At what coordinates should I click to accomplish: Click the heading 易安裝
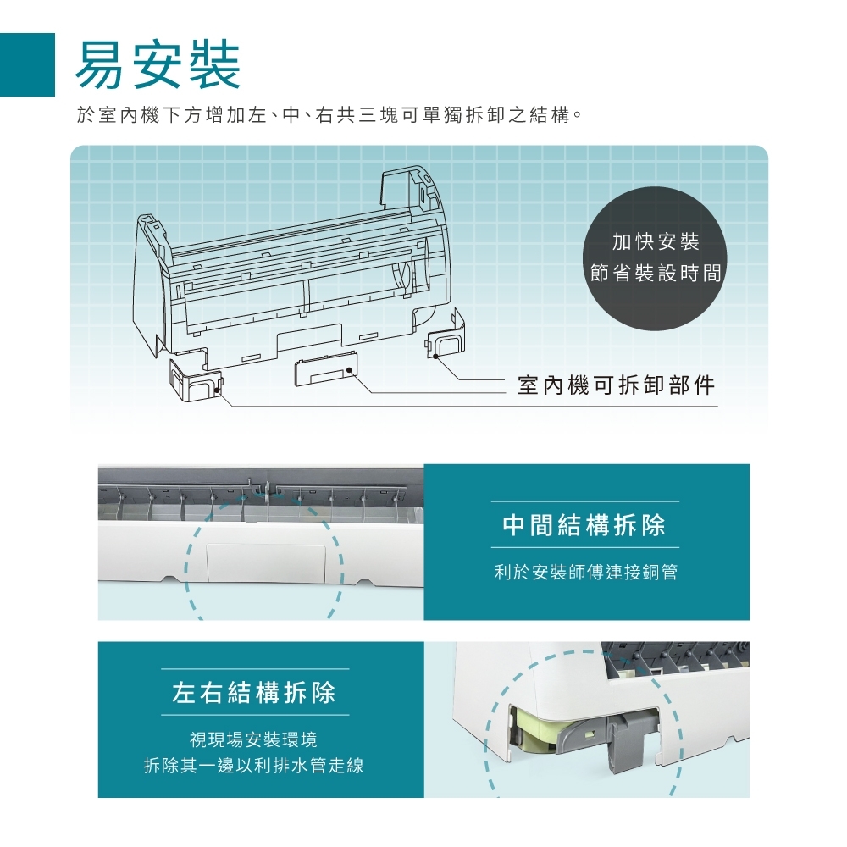[x=158, y=65]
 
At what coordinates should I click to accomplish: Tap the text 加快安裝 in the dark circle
[x=656, y=242]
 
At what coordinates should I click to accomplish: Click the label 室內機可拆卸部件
[x=617, y=385]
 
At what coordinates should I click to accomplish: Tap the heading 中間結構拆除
[x=584, y=526]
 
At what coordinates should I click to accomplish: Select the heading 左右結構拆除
[x=254, y=694]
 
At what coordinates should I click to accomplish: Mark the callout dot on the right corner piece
[x=435, y=357]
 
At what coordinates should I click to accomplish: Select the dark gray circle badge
[x=656, y=258]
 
